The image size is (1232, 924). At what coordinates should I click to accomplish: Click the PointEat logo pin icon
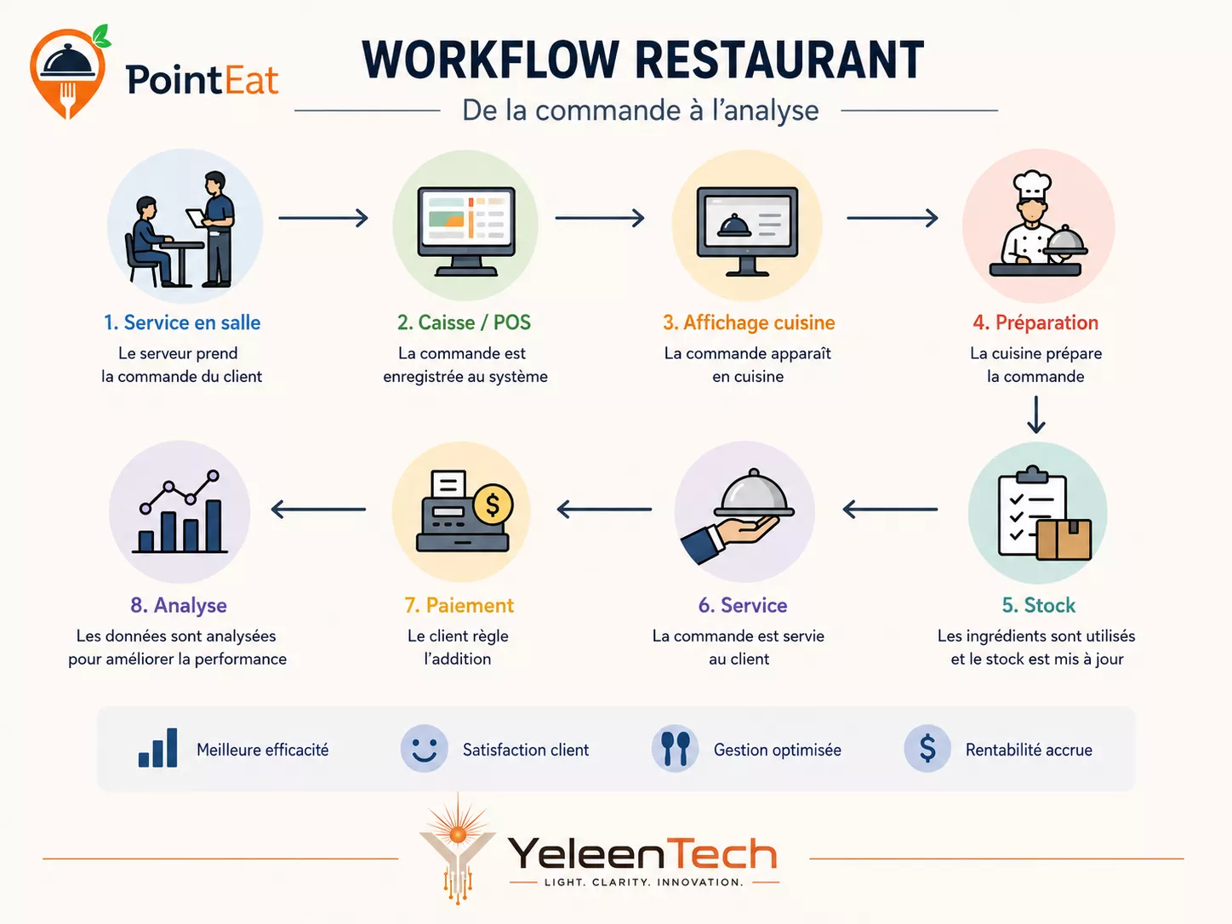(68, 71)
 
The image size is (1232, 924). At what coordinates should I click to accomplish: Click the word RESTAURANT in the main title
(779, 60)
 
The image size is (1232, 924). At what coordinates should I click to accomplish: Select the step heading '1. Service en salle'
(182, 322)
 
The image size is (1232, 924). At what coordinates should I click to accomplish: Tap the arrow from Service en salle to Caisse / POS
(323, 218)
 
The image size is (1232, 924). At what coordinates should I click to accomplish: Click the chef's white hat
(1031, 185)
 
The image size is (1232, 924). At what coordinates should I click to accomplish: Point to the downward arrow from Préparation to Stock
(1036, 414)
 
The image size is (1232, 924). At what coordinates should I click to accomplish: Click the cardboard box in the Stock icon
(1064, 539)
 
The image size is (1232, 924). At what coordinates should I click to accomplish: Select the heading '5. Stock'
(1038, 605)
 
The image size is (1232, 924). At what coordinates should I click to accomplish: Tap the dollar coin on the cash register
(493, 505)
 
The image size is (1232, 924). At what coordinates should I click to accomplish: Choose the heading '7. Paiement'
(459, 605)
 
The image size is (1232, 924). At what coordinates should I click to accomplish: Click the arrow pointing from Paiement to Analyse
(318, 510)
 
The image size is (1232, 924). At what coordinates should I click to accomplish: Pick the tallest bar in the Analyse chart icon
(214, 526)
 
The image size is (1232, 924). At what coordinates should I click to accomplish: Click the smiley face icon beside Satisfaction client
(424, 749)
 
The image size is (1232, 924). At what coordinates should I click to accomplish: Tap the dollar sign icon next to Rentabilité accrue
(927, 749)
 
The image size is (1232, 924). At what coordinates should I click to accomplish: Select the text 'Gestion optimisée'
(778, 750)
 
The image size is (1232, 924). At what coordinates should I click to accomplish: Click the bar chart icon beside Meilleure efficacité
(157, 748)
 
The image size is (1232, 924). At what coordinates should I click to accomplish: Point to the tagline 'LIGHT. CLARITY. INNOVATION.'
(644, 882)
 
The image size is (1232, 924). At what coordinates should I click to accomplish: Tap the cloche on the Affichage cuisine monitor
(734, 225)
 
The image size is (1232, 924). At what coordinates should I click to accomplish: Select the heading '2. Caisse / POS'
(464, 322)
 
